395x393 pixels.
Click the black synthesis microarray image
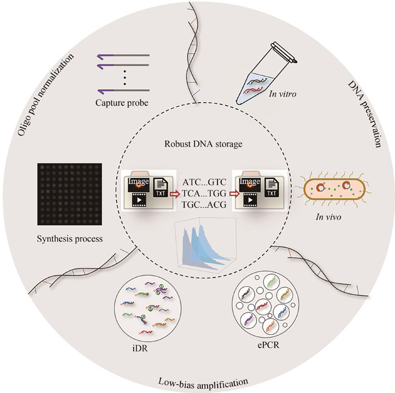pyautogui.click(x=66, y=194)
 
